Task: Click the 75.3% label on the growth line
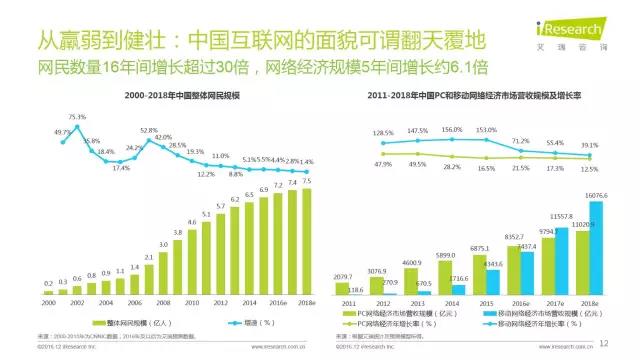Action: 76,118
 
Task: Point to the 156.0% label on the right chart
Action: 451,130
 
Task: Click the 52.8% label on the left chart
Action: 149,131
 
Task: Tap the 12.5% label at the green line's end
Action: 591,169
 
